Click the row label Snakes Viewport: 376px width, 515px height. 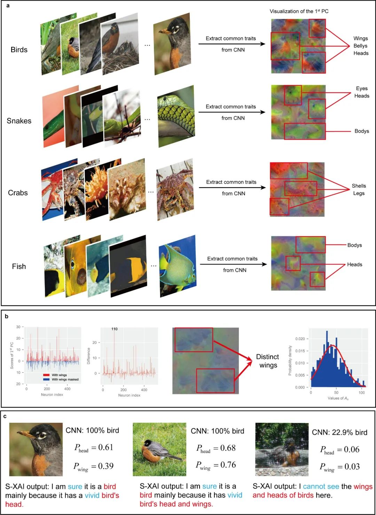tap(19, 121)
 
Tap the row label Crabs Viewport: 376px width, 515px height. tap(18, 193)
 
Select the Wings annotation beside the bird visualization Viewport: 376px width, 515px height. tap(360, 38)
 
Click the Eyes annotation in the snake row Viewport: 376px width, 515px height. tap(362, 88)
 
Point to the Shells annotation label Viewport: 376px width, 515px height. tap(359, 186)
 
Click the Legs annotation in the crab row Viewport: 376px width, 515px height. tap(359, 193)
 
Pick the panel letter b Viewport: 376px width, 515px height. tap(7, 317)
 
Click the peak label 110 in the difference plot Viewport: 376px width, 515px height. tap(115, 329)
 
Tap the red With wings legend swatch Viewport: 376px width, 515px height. tap(46, 375)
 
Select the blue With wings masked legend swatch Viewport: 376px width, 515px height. tap(46, 380)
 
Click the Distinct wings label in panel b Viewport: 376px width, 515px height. tap(267, 361)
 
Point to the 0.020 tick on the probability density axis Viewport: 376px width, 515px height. tap(300, 339)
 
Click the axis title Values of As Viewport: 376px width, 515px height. tap(338, 398)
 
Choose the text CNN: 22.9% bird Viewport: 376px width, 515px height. tap(339, 432)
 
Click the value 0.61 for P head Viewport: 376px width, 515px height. tap(106, 447)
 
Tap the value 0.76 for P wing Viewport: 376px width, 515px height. tap(228, 465)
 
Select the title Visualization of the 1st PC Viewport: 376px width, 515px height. tap(299, 11)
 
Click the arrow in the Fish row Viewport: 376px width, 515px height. tap(233, 264)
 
